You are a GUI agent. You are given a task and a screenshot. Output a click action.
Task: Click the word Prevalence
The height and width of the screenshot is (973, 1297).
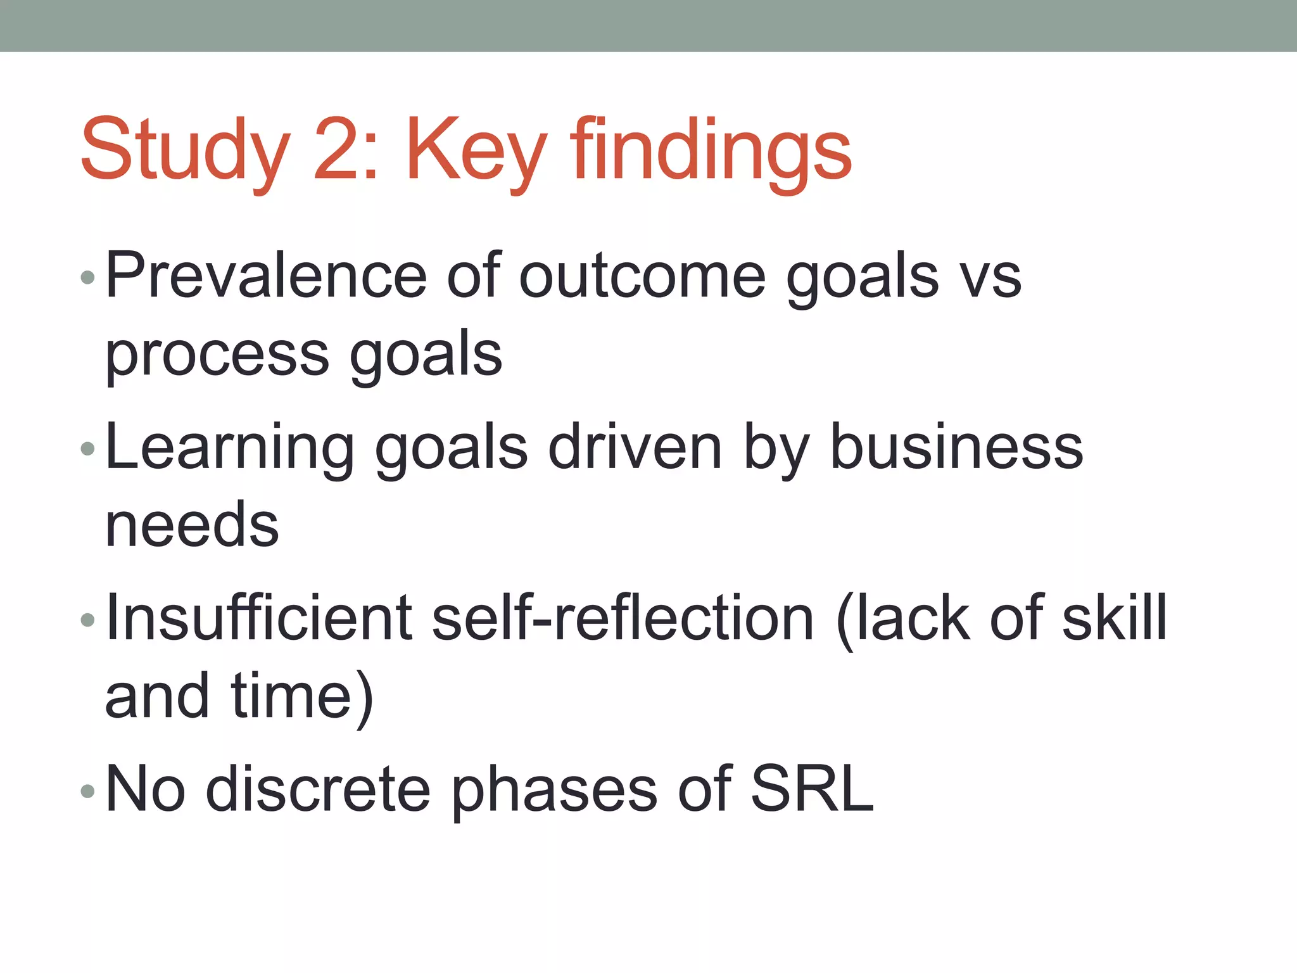point(266,275)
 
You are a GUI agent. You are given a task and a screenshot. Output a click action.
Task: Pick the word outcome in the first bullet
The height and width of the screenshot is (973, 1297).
point(642,276)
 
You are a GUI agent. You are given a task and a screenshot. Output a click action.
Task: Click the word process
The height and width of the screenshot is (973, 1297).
point(217,355)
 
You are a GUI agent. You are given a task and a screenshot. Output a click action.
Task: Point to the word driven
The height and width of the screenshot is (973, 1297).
point(634,447)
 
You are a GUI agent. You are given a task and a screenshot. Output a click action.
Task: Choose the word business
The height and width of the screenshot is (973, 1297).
point(956,447)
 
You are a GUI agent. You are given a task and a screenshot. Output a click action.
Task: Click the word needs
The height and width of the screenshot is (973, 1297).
point(192,525)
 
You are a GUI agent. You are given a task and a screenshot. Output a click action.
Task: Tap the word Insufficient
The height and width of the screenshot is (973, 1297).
point(260,618)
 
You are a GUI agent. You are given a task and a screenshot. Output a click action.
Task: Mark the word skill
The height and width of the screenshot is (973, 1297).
point(1114,618)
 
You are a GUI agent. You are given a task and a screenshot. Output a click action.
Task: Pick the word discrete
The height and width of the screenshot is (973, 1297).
point(318,789)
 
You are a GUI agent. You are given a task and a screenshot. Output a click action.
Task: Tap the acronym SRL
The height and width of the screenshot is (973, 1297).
point(812,789)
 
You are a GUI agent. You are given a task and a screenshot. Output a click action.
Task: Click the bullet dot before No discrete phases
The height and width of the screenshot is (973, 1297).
point(88,790)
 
